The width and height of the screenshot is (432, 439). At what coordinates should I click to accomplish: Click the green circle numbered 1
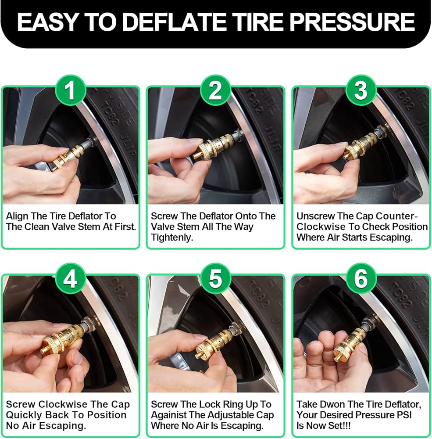coord(70,91)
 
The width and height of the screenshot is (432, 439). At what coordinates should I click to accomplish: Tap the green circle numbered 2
coord(215,91)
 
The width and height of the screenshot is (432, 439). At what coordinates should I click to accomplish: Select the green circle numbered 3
coord(361,91)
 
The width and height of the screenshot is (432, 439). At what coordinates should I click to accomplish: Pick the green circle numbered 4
coord(70,280)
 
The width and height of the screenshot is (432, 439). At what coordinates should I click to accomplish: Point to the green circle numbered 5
coord(215,280)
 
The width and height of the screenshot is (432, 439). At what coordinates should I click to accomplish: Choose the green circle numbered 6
coord(361,280)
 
